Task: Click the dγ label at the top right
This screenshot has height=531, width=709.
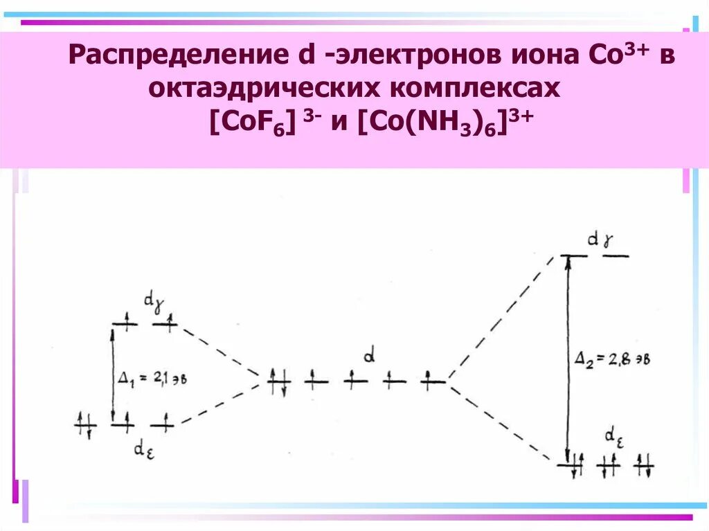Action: [x=599, y=240]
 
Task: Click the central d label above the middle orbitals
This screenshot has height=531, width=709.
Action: [x=370, y=357]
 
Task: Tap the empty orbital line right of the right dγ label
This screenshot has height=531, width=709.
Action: [x=616, y=257]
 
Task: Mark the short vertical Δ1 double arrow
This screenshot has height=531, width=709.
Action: [x=112, y=374]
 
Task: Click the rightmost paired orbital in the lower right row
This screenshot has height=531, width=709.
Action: [x=644, y=465]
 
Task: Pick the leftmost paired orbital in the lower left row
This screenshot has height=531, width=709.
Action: [x=85, y=423]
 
